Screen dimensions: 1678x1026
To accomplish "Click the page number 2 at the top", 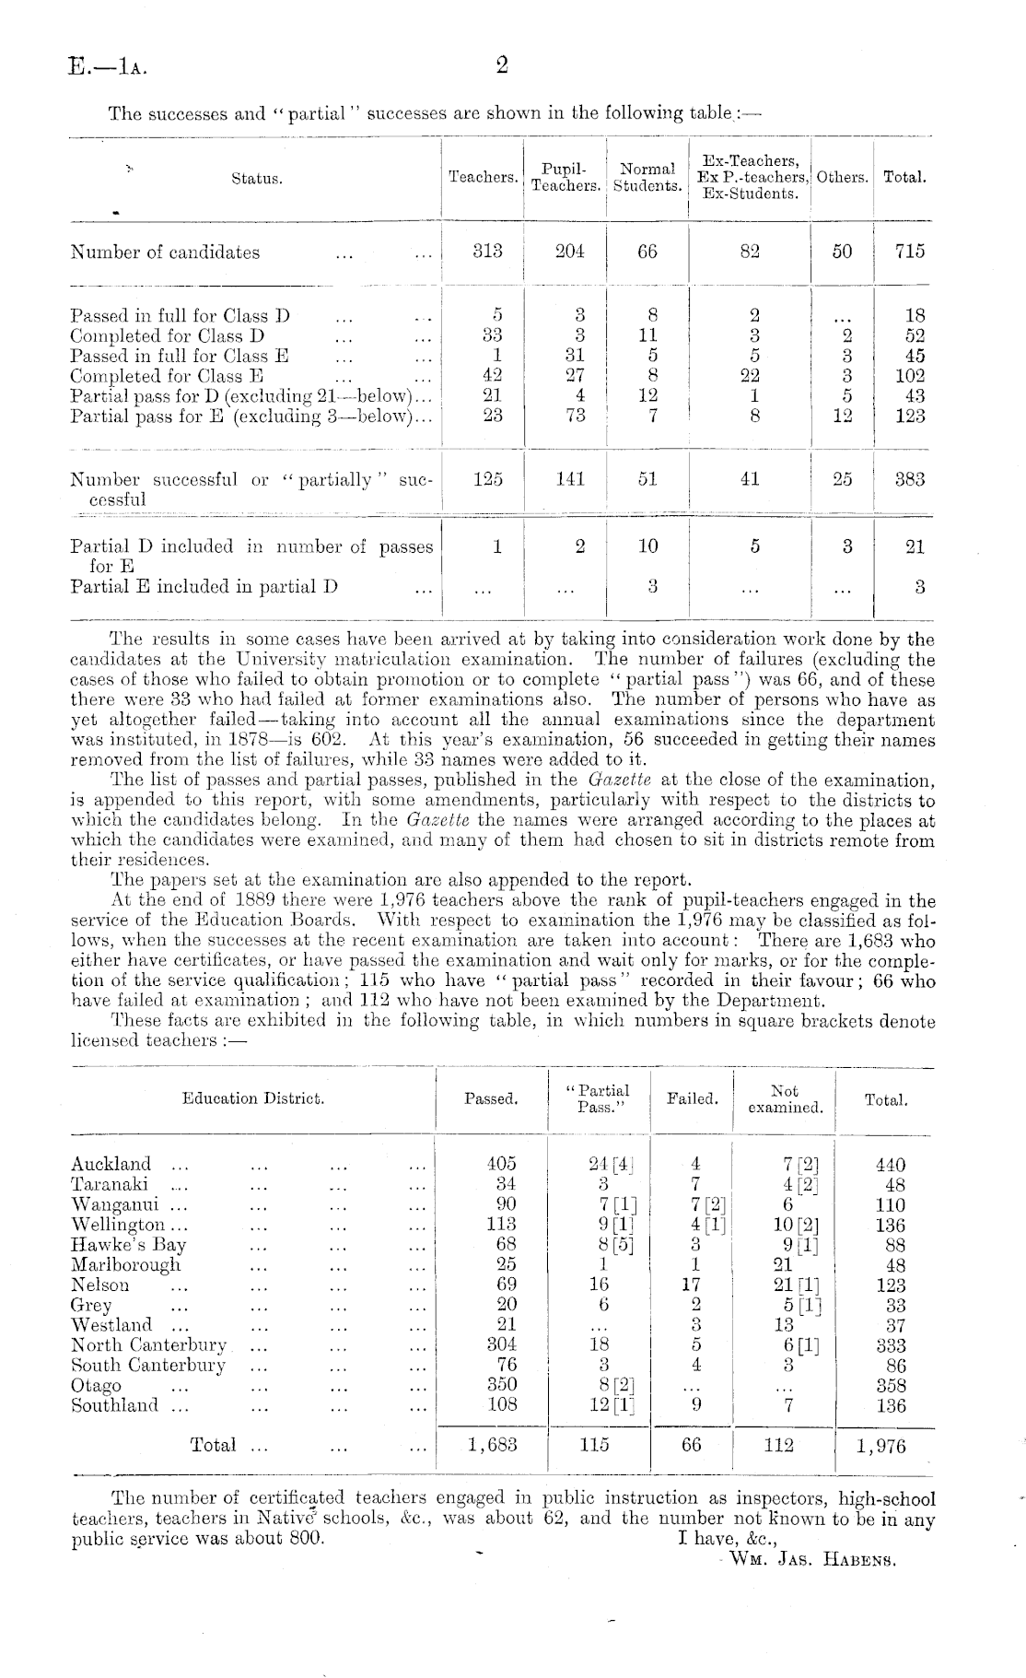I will [502, 65].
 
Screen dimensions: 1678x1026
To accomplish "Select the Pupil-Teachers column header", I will [565, 178].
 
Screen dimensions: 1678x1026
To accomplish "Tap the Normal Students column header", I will [647, 178].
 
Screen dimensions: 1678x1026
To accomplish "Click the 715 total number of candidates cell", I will [909, 252].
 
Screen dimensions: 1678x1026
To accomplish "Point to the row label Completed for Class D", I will [168, 336].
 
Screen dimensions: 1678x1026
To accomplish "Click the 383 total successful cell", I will [909, 479].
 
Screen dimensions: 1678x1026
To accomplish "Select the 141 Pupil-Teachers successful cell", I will [570, 479].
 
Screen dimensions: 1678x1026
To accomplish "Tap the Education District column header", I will [253, 1098].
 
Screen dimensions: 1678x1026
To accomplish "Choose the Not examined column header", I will [785, 1098].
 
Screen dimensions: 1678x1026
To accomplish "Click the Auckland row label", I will [111, 1164].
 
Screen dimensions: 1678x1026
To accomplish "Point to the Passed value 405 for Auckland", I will [501, 1164].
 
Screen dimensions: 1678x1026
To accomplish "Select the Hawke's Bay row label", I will [129, 1245].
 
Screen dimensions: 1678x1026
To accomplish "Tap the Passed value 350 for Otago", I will [501, 1385].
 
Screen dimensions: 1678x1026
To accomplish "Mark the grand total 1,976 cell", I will [880, 1446].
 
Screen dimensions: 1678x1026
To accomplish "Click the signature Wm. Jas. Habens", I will [811, 1561].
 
